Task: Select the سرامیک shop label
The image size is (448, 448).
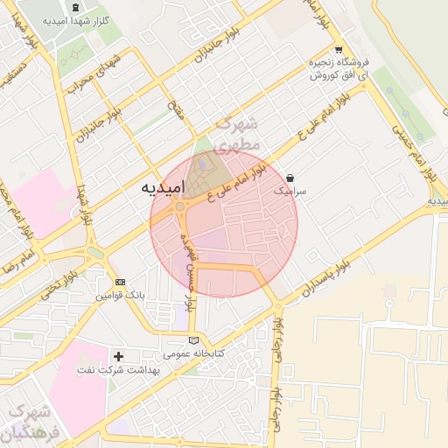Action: pos(291,189)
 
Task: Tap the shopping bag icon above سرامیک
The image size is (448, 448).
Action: pos(290,178)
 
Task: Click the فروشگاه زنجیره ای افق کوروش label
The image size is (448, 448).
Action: pos(337,69)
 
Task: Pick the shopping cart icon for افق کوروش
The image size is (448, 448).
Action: pos(338,51)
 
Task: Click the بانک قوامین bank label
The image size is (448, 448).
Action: pos(121,297)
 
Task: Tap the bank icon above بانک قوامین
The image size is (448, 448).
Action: pos(120,283)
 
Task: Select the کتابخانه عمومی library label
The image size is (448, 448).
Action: pos(194,353)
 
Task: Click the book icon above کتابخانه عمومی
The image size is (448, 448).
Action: pos(193,340)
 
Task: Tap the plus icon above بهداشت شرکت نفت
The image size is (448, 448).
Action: pos(119,356)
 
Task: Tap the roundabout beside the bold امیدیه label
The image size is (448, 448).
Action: pos(180,207)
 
